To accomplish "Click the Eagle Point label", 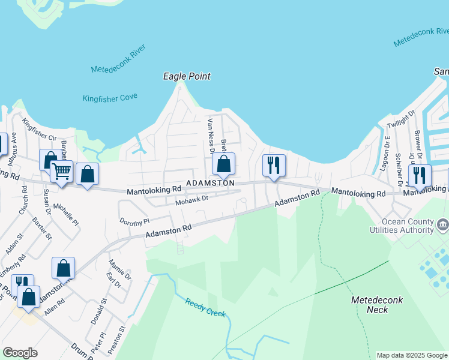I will tap(187, 76).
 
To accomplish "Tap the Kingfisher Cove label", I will tap(110, 97).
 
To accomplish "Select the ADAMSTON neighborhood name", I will tap(209, 182).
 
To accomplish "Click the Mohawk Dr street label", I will tap(191, 200).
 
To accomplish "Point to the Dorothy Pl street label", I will tap(134, 221).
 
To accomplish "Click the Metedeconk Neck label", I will tap(377, 304).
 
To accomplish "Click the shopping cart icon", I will tap(61, 172).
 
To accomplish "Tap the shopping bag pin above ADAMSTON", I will tap(223, 164).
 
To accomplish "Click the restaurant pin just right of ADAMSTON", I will tap(274, 165).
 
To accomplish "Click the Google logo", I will tap(20, 353).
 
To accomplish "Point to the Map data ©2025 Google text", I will tap(412, 355).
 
